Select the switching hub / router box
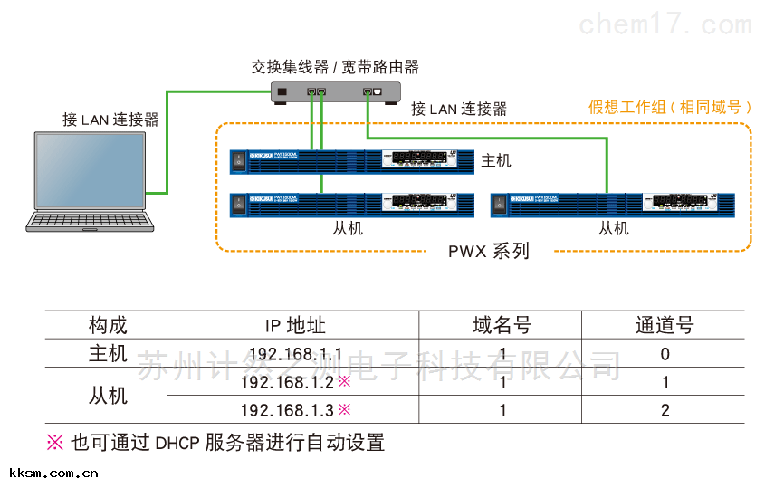pos(335,92)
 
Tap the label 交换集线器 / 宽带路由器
pos(335,67)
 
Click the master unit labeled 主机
pos(352,160)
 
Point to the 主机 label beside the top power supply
pos(496,160)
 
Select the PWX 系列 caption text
pos(489,251)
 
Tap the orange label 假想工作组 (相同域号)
pos(670,108)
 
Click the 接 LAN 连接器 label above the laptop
pos(110,120)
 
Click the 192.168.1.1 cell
pos(295,354)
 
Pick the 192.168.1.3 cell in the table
pos(288,410)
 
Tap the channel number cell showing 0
pos(665,354)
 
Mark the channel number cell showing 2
pos(665,410)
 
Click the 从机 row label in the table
pos(108,396)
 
